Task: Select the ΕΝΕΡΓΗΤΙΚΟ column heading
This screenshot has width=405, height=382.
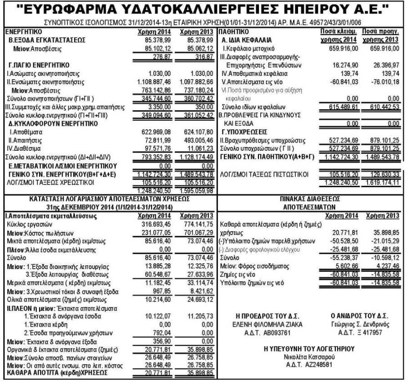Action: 22,32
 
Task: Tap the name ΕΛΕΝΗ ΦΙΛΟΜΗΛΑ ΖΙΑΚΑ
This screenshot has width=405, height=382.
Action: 267,324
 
